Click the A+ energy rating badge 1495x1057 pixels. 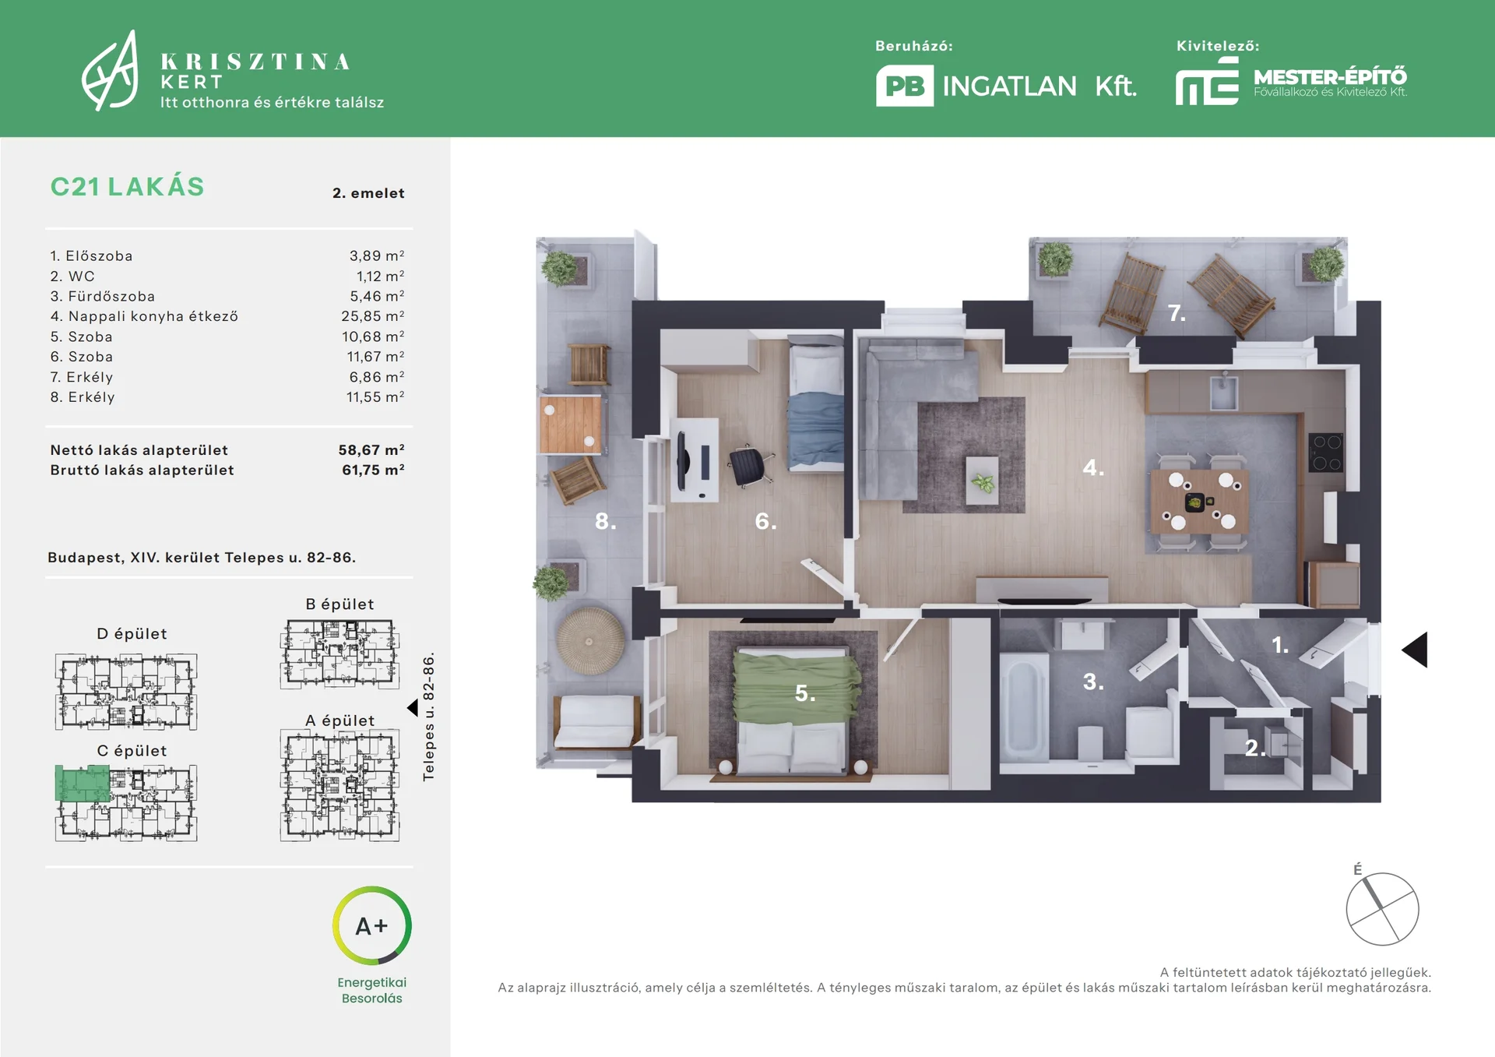tap(371, 925)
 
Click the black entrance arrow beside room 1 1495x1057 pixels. tap(1415, 650)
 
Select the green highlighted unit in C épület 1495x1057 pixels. tap(82, 783)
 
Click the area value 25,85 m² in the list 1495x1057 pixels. tap(372, 316)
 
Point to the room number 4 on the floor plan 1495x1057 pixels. tap(1093, 467)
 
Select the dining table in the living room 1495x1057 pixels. tap(1199, 501)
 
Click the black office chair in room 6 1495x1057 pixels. tap(749, 466)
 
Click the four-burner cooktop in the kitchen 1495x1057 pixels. tap(1325, 453)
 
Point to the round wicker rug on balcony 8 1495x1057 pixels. tap(589, 641)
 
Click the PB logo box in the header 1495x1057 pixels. tap(905, 86)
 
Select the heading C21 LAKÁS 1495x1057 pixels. tap(128, 187)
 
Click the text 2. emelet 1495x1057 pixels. tap(368, 193)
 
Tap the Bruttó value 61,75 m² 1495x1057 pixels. tap(373, 470)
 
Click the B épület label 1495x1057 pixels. tap(339, 604)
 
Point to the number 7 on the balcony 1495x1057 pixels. tap(1177, 313)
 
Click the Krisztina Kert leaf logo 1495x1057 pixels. tap(111, 72)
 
